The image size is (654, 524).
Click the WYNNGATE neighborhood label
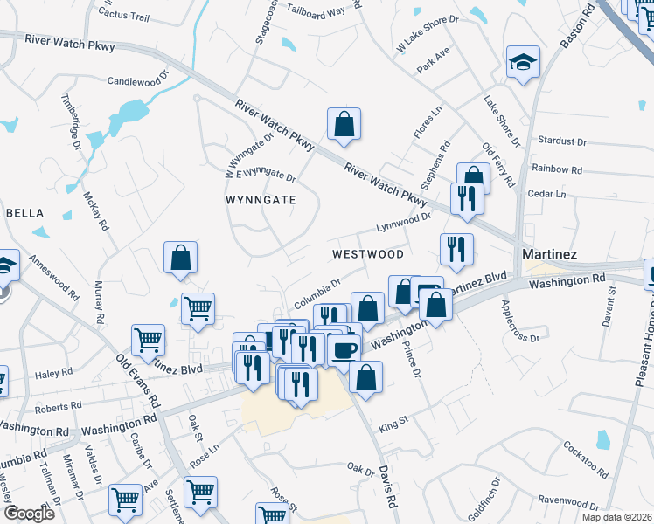pos(261,200)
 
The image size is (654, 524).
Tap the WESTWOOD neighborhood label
pos(367,254)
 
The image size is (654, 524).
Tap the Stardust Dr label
pos(561,141)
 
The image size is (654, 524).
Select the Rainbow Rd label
pos(557,169)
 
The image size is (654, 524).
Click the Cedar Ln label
pos(547,194)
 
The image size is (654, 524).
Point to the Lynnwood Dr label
pos(404,223)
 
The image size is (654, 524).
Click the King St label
pos(393,424)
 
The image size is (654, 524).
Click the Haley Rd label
pos(53,374)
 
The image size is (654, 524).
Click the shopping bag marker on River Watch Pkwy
pos(344,124)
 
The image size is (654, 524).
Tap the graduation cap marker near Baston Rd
pos(523,62)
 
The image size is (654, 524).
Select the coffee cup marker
pos(345,349)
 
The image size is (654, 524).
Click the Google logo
pos(29,514)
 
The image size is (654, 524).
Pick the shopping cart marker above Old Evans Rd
pos(149,341)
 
